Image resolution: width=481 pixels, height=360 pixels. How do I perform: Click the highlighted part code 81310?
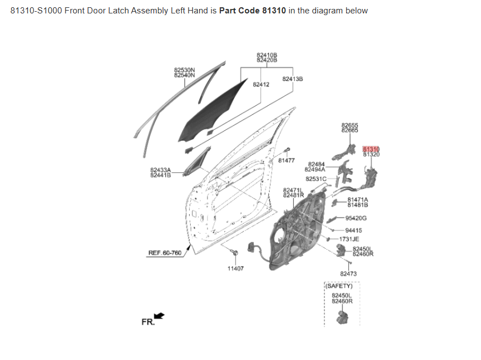coord(371,149)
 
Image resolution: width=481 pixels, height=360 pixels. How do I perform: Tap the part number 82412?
coord(261,84)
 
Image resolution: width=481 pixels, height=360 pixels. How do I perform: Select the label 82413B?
coord(293,79)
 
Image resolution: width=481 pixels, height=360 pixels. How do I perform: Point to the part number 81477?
coord(286,160)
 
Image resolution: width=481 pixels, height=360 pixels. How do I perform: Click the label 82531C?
coord(316,179)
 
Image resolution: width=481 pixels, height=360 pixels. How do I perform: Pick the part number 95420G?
coord(356,219)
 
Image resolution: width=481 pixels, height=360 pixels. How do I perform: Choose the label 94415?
coord(353,230)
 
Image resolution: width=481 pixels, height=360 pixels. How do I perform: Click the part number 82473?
coord(348,274)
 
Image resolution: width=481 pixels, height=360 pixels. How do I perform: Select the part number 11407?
coord(235,268)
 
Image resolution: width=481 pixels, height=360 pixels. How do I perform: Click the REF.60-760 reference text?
coord(164,253)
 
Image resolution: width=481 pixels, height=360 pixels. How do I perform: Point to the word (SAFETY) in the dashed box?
coord(342,286)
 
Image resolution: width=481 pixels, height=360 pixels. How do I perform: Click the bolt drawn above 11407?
coord(235,253)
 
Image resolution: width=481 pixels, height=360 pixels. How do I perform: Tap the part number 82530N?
coord(185,70)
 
